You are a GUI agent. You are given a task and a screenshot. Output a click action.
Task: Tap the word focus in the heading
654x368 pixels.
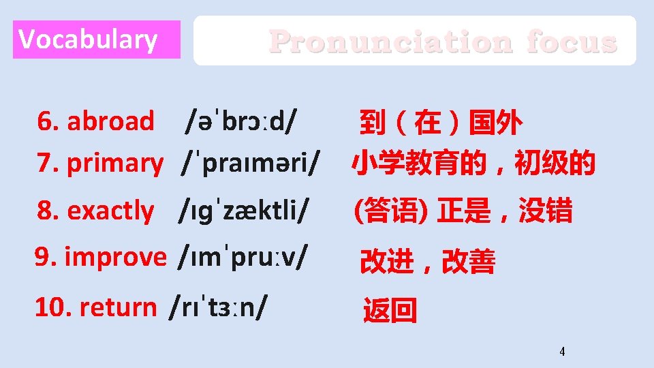(572, 42)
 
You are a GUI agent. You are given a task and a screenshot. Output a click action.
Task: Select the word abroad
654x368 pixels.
(110, 121)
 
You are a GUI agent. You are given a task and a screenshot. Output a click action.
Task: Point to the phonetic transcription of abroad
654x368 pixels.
(243, 122)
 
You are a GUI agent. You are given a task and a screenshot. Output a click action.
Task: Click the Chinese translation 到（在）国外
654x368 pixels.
(441, 123)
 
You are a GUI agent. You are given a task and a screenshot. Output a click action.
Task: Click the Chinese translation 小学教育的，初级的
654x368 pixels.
(473, 164)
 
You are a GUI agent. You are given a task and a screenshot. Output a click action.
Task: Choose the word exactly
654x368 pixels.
(110, 211)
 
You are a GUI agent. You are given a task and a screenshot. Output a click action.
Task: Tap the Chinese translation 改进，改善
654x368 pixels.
(428, 262)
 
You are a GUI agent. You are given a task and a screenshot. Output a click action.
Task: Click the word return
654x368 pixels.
(117, 307)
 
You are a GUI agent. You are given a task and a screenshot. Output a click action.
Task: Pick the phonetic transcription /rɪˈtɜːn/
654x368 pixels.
(219, 307)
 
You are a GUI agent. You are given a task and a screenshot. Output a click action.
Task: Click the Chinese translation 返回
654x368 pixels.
(390, 311)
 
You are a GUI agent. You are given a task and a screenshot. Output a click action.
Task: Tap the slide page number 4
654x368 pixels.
(562, 352)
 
